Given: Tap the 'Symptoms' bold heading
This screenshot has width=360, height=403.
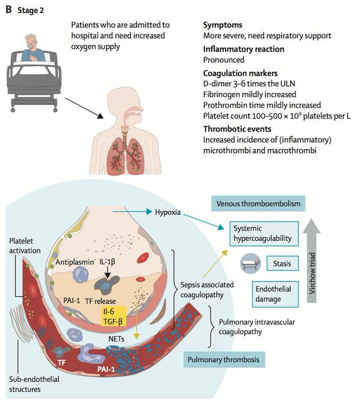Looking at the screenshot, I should [224, 25].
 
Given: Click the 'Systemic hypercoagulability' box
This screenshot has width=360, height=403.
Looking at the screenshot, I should [265, 233].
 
